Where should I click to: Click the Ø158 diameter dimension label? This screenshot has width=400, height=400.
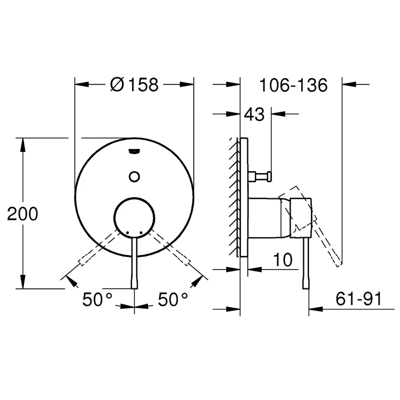pos(133,85)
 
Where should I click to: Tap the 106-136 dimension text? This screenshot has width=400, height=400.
pos(293,85)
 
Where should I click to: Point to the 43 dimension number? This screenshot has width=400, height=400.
pos(253,114)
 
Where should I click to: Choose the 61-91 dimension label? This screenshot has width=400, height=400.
pos(358,299)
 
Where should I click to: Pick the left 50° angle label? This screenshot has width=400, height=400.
pos(97,300)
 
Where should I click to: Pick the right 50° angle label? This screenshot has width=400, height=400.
pos(172,300)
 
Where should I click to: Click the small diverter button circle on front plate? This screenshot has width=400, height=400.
pos(134,176)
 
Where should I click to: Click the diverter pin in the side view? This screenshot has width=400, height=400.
pos(260,176)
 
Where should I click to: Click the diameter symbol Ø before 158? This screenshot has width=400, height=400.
pos(116,85)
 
